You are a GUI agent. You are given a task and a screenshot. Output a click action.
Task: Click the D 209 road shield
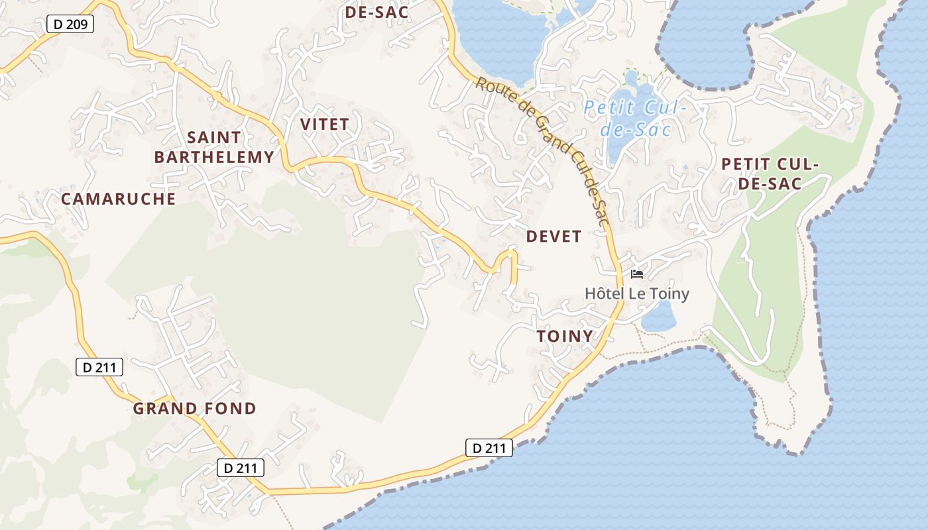(x=70, y=25)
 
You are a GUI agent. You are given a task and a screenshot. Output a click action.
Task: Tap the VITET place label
(x=324, y=124)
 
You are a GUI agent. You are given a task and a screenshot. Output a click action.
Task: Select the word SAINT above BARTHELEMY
(x=214, y=137)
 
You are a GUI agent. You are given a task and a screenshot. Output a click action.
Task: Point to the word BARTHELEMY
(x=213, y=157)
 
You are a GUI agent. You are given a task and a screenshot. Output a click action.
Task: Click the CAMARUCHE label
(x=118, y=199)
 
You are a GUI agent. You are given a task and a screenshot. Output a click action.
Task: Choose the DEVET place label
(x=553, y=237)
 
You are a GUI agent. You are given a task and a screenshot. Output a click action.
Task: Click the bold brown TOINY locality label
(x=565, y=336)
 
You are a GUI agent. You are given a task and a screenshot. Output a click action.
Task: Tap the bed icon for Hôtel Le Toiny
(x=637, y=274)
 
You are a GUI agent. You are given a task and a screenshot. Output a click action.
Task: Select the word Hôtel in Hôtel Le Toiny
(x=604, y=293)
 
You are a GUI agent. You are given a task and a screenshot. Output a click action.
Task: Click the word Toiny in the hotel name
(x=668, y=293)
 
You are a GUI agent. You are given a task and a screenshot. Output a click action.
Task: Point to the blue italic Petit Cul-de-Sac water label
(x=636, y=117)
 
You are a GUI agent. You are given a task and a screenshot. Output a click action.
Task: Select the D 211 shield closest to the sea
(x=489, y=448)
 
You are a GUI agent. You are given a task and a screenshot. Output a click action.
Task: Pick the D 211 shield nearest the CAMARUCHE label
(x=99, y=367)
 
